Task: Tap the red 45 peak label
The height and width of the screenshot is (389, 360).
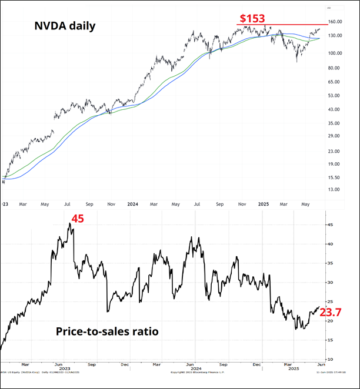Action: (x=77, y=219)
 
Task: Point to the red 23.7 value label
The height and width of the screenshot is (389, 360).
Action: (x=331, y=313)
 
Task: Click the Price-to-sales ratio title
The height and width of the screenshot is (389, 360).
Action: (x=107, y=331)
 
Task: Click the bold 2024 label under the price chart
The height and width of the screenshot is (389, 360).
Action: (x=132, y=204)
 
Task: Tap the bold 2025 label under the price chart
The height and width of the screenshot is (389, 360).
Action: (x=263, y=204)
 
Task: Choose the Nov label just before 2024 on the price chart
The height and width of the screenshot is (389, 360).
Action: (x=111, y=204)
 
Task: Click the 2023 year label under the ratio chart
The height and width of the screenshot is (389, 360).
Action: (x=65, y=368)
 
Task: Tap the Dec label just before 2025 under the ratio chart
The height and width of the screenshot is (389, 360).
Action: (x=256, y=364)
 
